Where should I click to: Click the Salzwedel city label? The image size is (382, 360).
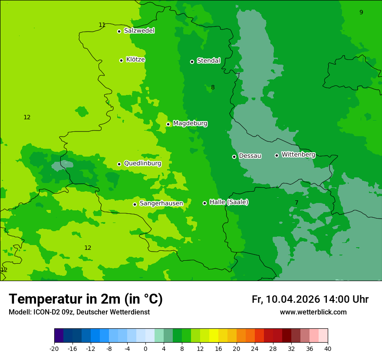[139, 31]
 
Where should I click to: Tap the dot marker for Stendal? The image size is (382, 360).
[192, 62]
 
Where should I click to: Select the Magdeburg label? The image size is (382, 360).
[190, 124]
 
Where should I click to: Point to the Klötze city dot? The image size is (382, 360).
[121, 60]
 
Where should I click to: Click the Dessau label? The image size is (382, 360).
[250, 156]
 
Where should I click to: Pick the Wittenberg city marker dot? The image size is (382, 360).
[277, 155]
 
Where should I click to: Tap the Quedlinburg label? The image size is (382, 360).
[142, 164]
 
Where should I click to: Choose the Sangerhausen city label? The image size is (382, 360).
[161, 203]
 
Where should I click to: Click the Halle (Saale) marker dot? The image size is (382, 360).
[204, 203]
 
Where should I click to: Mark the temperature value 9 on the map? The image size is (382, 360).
[361, 12]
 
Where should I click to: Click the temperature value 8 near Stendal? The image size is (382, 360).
[213, 87]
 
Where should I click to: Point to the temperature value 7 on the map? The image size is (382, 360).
[296, 203]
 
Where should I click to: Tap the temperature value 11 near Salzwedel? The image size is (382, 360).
[102, 25]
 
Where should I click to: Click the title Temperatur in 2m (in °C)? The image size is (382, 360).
[86, 299]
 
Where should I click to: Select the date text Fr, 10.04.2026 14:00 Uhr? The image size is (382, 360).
[310, 299]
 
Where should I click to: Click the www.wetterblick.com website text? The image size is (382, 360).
[313, 312]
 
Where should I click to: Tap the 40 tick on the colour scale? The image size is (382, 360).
[328, 348]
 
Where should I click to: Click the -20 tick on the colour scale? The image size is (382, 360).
[54, 348]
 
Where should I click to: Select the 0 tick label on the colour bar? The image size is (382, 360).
[145, 348]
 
